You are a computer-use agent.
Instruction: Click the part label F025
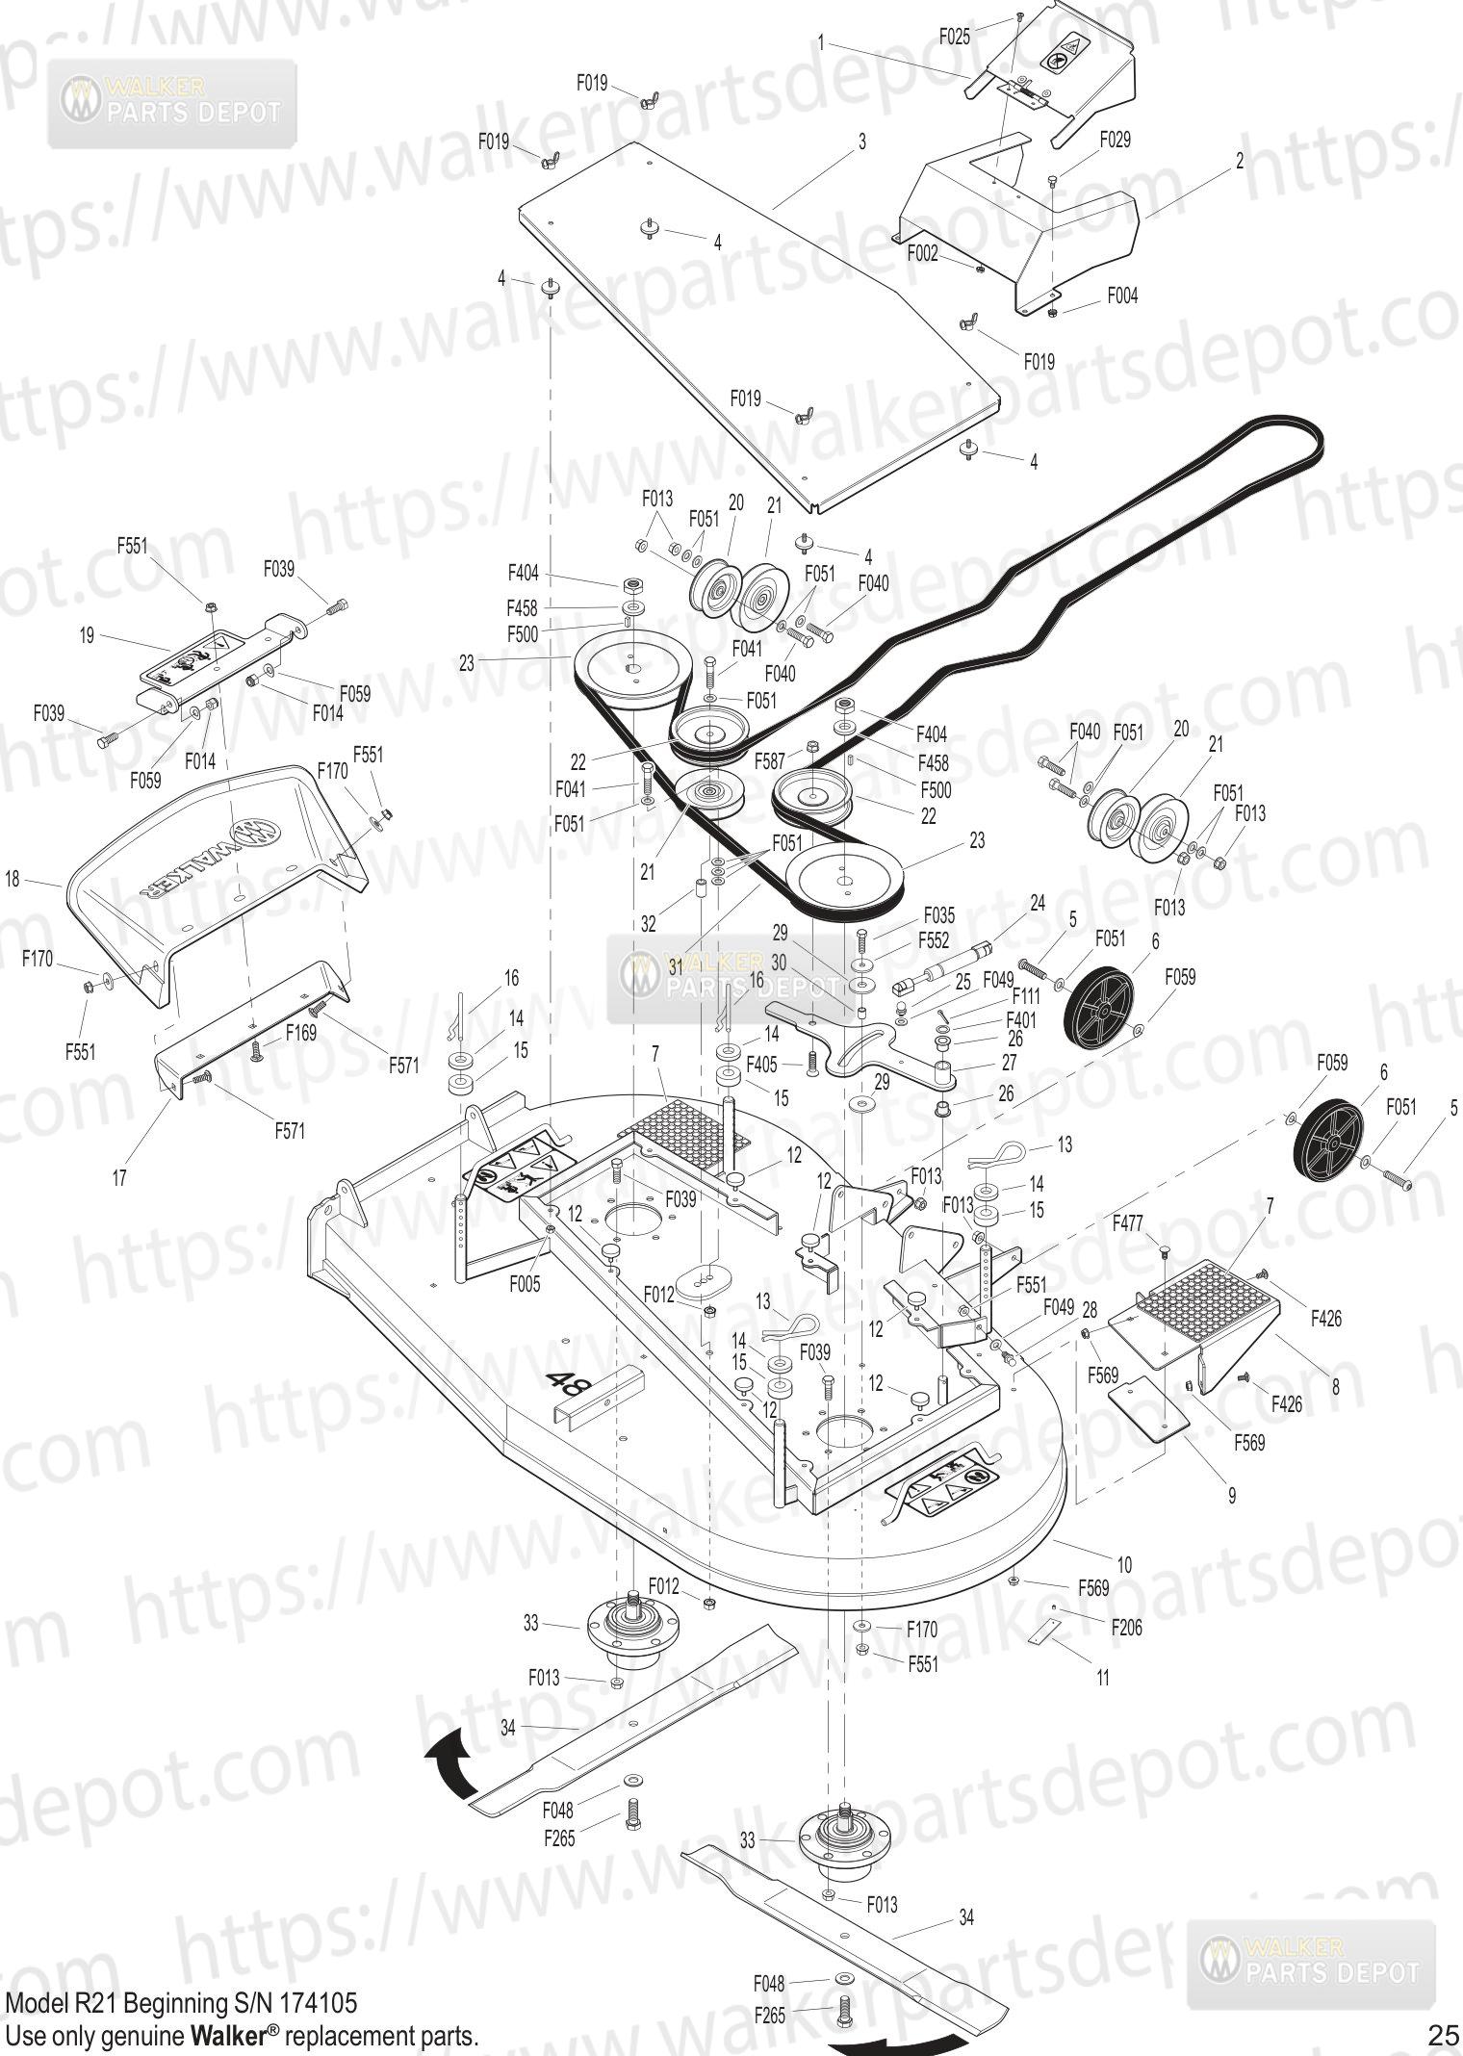pos(956,36)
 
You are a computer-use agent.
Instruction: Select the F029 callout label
pos(1115,140)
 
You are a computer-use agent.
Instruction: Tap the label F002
pos(922,253)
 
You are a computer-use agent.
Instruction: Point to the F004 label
pos(1121,296)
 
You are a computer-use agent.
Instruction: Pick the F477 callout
pos(1128,1224)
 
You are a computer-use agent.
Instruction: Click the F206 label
pos(1126,1628)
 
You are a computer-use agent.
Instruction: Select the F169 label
pos(301,1033)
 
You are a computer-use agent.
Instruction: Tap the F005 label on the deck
pos(525,1284)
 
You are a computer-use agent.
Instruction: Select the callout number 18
pos(13,880)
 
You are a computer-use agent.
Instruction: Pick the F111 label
pos(1027,999)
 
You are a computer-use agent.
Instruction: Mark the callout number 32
pos(649,924)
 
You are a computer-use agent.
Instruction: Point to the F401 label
pos(1021,1018)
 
